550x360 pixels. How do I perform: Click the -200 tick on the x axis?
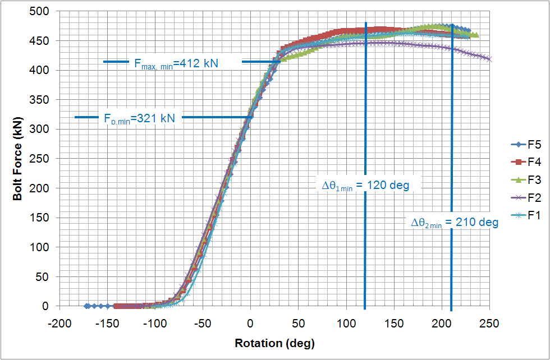(58, 324)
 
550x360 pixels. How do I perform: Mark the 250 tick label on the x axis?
(490, 324)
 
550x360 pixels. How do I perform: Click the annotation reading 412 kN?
(176, 63)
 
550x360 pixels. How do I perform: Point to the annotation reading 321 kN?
(139, 118)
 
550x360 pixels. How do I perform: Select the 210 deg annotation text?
(455, 223)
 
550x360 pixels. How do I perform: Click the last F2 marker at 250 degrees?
(490, 58)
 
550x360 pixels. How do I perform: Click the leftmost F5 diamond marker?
(87, 306)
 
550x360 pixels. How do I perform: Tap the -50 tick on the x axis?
(202, 324)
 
